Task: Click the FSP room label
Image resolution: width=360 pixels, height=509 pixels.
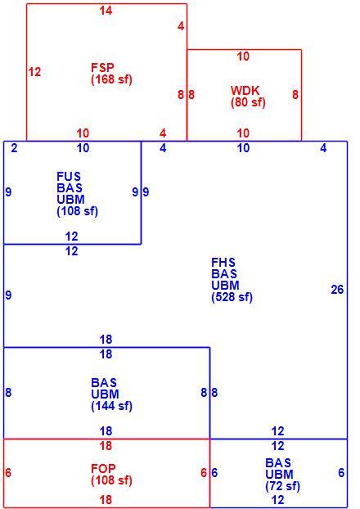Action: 102,68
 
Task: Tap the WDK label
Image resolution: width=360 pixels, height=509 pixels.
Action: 245,90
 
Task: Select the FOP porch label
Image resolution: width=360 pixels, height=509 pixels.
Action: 103,468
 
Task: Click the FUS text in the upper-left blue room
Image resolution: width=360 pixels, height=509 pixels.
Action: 69,177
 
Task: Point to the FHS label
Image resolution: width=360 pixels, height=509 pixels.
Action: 223,263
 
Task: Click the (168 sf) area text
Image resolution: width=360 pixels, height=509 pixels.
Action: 111,79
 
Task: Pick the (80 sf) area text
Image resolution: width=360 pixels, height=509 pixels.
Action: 248,102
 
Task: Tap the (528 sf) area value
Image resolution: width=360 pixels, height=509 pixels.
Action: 232,297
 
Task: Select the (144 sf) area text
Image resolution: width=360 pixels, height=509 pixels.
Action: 111,406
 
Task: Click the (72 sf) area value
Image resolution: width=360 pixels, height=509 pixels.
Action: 282,486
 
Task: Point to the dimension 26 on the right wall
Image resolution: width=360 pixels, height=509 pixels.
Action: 337,289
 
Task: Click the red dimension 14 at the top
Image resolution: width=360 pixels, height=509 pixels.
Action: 106,11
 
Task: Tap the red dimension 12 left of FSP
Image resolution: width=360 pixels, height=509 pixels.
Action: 34,72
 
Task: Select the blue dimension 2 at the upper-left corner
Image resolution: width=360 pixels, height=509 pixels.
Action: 14,148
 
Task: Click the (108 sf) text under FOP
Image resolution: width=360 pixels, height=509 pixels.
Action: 111,480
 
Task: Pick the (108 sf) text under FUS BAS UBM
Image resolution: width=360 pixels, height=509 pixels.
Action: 77,211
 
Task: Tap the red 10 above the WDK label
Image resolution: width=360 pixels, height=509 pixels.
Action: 243,56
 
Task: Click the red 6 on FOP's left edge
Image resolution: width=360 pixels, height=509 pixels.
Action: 8,473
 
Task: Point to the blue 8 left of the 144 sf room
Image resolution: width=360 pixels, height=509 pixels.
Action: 8,393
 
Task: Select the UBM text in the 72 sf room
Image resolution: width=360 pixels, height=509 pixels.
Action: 279,475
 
